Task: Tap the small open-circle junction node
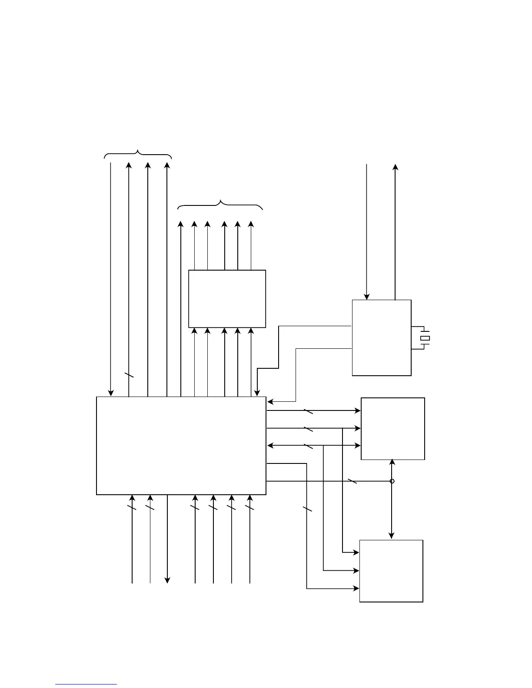tap(392, 481)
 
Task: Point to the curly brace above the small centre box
tap(220, 205)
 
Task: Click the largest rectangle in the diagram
tap(181, 446)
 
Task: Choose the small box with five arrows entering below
tap(227, 299)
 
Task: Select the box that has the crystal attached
tap(382, 337)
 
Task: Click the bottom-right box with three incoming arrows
tap(391, 571)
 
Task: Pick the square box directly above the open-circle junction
tap(393, 428)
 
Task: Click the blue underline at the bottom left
tap(86, 685)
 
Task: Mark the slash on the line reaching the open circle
tap(352, 481)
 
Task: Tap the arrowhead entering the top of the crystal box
tap(367, 297)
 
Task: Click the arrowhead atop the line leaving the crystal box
tap(395, 167)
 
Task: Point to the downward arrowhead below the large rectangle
tap(167, 580)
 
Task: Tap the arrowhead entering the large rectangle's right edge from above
tap(270, 401)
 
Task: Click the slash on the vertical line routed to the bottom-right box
tap(307, 509)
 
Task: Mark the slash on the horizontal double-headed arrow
tap(308, 446)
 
